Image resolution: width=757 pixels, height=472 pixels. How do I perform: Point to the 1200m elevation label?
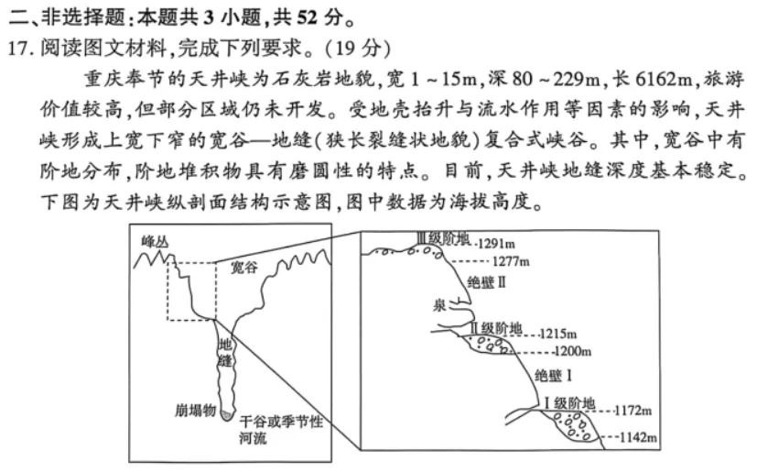573,351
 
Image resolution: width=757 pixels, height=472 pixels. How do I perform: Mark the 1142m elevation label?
639,437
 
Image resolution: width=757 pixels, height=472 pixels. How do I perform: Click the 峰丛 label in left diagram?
156,241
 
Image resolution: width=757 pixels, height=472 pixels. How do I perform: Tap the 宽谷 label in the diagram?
243,268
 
